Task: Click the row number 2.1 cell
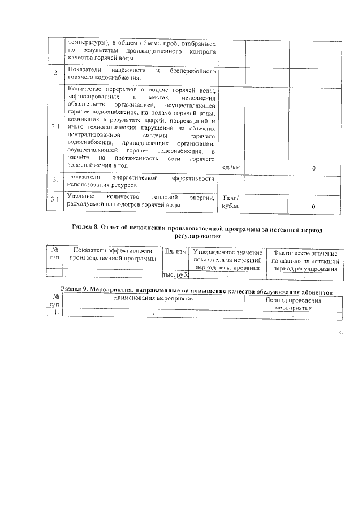(55, 126)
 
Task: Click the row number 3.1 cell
(55, 200)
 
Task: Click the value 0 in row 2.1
(313, 168)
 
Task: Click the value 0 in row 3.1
(313, 207)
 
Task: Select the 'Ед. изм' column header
(175, 250)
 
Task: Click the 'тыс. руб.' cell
(175, 275)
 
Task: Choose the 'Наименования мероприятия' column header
(152, 299)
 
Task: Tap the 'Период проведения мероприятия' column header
(293, 304)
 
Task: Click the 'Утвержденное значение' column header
(227, 260)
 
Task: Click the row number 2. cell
(55, 73)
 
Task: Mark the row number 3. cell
(55, 181)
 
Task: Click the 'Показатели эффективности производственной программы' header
(113, 254)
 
